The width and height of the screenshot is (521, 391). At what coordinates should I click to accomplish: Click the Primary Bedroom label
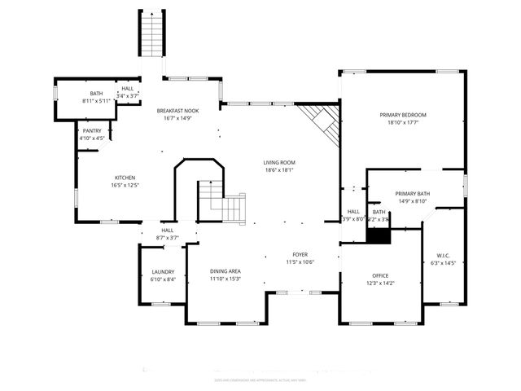[402, 115]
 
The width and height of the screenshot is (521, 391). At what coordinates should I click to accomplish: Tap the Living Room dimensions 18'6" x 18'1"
[278, 170]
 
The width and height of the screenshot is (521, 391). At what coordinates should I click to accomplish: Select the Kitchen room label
[125, 178]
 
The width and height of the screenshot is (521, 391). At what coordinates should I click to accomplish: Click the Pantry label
[92, 131]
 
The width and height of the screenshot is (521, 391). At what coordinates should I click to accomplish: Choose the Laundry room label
[164, 272]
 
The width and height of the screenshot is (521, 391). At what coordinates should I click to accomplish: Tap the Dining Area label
[225, 271]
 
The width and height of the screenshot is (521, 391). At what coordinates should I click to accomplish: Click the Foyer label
[300, 254]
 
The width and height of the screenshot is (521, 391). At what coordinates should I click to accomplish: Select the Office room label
[381, 276]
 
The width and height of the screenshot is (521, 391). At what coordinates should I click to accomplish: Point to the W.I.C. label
[443, 254]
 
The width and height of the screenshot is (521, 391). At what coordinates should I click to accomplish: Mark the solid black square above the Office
[379, 234]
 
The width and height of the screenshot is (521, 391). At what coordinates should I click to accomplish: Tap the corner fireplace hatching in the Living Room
[322, 123]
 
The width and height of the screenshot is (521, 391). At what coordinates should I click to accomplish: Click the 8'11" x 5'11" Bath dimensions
[96, 101]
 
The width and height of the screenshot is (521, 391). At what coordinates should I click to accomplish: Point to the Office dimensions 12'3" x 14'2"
[381, 284]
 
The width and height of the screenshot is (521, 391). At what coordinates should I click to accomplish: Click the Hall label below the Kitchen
[167, 231]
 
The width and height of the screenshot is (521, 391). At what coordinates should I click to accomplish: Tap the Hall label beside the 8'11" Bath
[128, 89]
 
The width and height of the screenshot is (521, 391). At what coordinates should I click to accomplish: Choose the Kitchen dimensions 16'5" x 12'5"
[125, 185]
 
